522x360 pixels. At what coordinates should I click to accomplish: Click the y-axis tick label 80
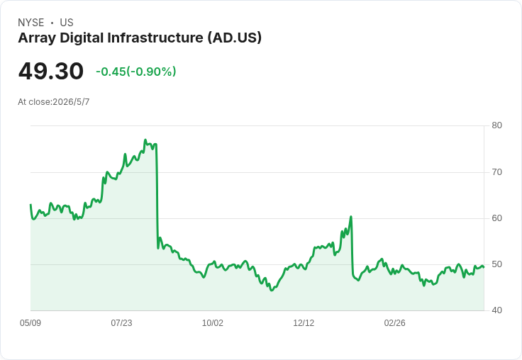click(496, 125)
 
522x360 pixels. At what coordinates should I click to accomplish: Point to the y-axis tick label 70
click(496, 172)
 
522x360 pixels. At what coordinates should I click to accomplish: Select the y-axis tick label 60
click(496, 218)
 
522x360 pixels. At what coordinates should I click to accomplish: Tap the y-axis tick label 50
click(496, 264)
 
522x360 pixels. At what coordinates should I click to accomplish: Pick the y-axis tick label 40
click(496, 310)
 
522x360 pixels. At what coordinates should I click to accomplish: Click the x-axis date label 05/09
click(30, 323)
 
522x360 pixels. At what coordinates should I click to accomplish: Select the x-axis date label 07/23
click(121, 323)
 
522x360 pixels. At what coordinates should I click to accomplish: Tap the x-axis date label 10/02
click(213, 323)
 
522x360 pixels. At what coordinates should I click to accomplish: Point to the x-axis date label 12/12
click(304, 323)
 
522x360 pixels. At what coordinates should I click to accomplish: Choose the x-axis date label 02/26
click(395, 323)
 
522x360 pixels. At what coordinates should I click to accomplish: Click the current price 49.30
click(51, 71)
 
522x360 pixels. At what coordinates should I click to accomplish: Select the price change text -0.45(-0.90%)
click(136, 72)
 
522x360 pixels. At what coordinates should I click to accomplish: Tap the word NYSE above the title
click(31, 23)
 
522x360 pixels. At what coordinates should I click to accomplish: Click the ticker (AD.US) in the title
click(235, 38)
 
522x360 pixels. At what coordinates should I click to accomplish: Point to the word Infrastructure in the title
click(155, 38)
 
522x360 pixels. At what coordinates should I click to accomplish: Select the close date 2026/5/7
click(71, 102)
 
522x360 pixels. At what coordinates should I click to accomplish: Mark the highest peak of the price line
click(145, 140)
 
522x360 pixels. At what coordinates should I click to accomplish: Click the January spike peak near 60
click(351, 217)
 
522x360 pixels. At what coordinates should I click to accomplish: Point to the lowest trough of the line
click(272, 290)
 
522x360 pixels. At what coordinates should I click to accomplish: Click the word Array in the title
click(37, 38)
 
